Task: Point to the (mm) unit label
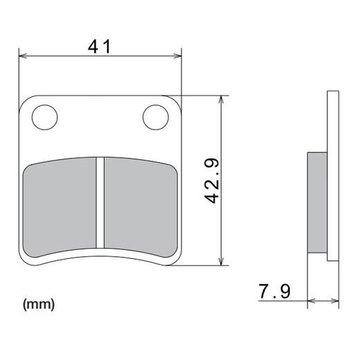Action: pos(39,303)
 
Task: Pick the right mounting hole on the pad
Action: pos(154,116)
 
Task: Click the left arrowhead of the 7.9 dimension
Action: pos(310,302)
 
